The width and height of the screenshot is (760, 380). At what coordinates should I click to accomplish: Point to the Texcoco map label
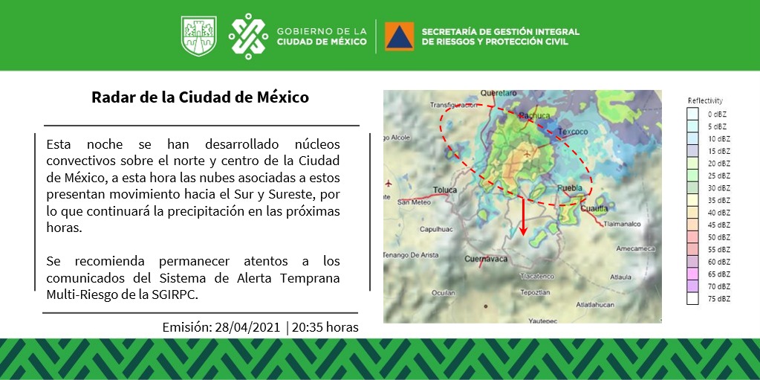(x=572, y=132)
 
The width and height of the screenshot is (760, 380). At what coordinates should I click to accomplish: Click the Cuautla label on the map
(x=594, y=209)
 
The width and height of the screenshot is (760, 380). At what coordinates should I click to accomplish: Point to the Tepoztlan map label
(x=536, y=293)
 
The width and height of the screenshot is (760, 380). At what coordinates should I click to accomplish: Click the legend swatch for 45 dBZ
(x=692, y=224)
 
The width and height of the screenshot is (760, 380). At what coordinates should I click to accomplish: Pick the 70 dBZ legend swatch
(x=692, y=286)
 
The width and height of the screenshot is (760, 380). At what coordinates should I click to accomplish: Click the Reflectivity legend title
(x=704, y=100)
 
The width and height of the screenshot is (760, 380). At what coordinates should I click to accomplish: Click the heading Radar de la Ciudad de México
(x=200, y=97)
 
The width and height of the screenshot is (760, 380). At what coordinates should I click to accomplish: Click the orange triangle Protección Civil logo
(x=399, y=36)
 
